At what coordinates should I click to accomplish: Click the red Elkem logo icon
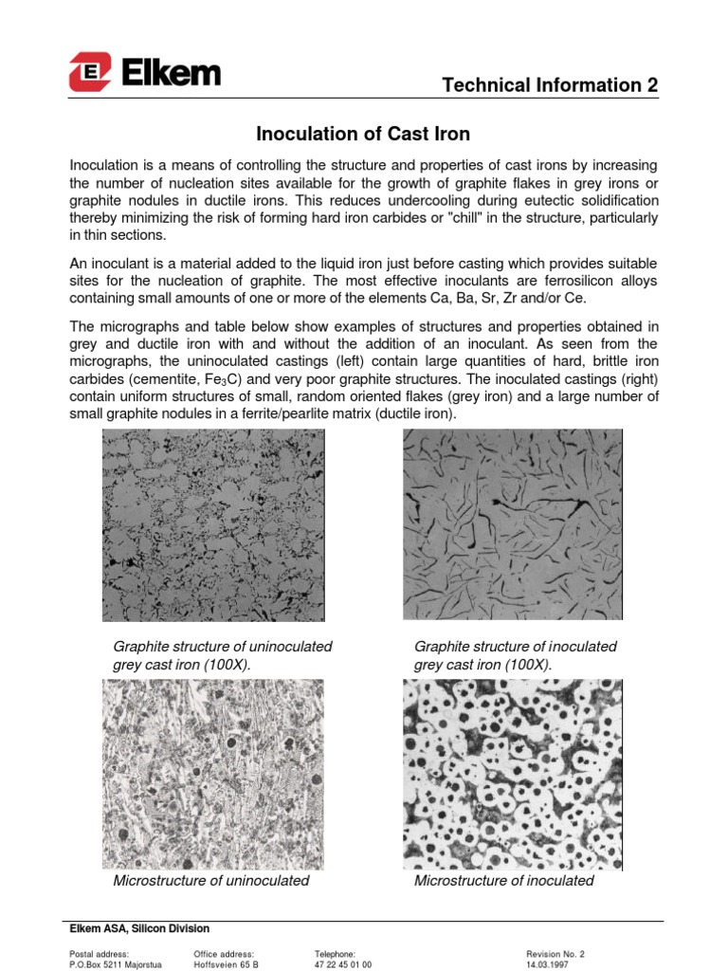90,71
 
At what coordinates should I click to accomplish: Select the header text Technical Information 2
551,85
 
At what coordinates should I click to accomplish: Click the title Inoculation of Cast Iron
364,134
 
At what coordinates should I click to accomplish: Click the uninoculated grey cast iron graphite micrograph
211,524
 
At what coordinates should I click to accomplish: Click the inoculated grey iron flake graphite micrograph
513,524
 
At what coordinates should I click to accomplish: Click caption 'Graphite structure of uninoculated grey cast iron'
222,655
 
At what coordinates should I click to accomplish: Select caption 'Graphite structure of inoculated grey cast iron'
515,655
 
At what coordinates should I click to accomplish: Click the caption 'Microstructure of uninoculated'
210,881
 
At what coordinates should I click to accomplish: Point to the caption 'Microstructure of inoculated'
503,881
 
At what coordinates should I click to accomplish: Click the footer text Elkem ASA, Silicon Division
140,928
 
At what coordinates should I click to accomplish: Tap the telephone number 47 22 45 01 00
342,963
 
